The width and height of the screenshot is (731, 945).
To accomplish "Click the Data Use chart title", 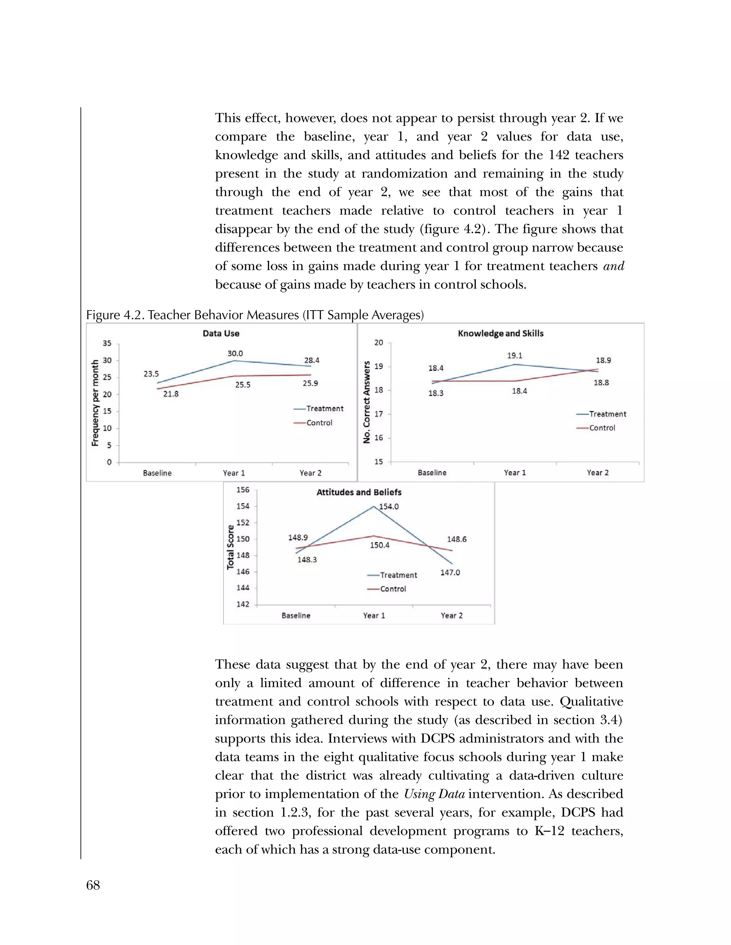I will pos(221,333).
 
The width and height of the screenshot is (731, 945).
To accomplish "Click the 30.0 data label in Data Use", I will pos(235,353).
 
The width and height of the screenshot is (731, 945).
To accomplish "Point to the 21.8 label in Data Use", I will pos(171,394).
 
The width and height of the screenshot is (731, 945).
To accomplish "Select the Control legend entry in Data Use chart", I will pos(319,423).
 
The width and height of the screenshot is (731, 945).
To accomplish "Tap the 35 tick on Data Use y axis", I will pos(106,343).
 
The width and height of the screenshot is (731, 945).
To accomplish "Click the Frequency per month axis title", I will pos(95,403).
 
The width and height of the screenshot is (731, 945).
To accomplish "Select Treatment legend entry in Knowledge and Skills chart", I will pos(607,414).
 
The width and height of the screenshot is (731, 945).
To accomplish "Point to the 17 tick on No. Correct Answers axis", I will pos(378,414).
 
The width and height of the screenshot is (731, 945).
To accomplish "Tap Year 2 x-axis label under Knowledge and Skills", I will pos(597,472).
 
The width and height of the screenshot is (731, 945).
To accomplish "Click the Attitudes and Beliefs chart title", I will pos(359,492).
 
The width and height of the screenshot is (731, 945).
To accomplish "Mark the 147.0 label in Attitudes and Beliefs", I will pos(450,572).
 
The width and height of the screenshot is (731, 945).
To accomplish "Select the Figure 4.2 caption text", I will pos(254,315).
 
